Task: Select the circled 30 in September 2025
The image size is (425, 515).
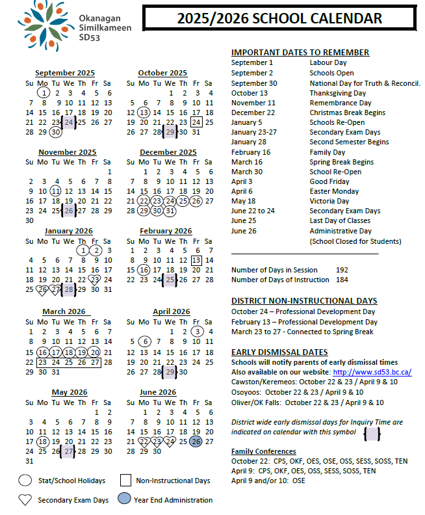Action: tap(55, 132)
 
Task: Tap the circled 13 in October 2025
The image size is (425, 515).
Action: tap(144, 112)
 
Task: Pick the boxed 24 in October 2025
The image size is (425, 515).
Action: tap(196, 122)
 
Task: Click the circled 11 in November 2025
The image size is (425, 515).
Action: tap(55, 191)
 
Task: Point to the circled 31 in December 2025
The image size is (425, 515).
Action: tap(170, 211)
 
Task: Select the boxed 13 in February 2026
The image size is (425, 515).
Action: tap(196, 260)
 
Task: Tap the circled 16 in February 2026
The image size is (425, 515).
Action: tap(144, 270)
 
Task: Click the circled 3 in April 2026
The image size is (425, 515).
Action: tap(197, 332)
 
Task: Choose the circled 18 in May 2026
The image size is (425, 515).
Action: tap(43, 442)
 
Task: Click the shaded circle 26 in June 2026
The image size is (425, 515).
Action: tap(196, 442)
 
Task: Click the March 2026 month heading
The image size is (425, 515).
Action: tap(64, 311)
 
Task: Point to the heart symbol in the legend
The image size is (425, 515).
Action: tap(25, 499)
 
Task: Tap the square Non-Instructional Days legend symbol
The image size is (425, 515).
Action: tap(126, 481)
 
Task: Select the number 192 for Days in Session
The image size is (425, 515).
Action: tap(342, 270)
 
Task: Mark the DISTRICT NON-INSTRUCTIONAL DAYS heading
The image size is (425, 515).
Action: tap(304, 301)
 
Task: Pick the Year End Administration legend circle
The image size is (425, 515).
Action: tap(125, 499)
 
